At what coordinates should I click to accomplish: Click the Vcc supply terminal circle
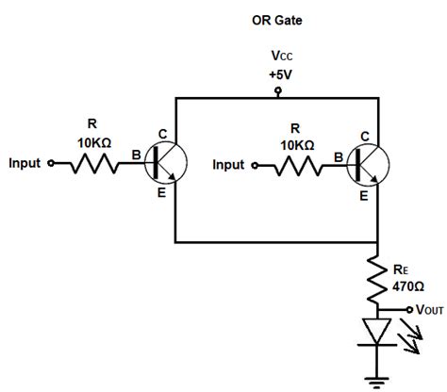coord(277,91)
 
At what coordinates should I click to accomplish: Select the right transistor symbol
coord(368,164)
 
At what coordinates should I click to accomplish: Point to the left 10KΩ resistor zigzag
coord(91,164)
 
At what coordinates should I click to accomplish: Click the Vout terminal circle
coord(408,309)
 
